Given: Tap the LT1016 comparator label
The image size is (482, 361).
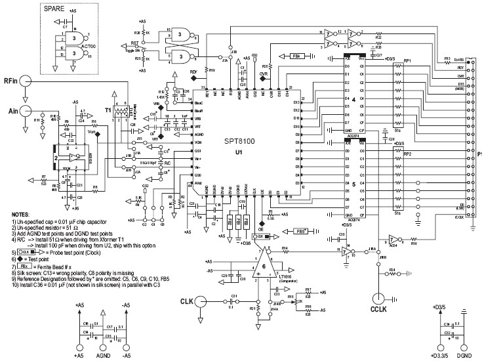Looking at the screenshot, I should pyautogui.click(x=285, y=278).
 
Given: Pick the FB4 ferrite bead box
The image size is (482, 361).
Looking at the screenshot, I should pyautogui.click(x=296, y=56).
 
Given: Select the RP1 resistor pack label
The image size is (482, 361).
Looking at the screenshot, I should pyautogui.click(x=407, y=60).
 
